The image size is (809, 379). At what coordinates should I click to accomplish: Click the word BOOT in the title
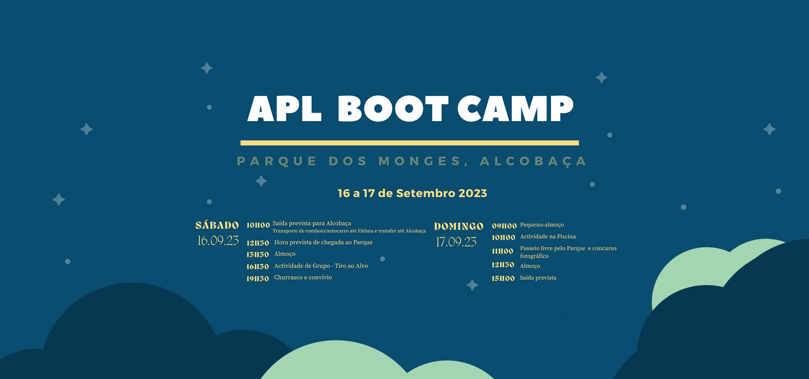click(x=393, y=108)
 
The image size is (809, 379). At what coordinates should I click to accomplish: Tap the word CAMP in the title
click(x=516, y=108)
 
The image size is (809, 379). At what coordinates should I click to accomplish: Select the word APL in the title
click(x=284, y=108)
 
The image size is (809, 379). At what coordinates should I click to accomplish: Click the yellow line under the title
click(x=410, y=143)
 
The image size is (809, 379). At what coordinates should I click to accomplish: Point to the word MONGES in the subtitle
click(x=423, y=161)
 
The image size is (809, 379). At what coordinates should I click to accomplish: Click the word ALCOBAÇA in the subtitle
click(x=533, y=161)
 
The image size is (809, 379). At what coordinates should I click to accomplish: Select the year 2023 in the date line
click(x=473, y=193)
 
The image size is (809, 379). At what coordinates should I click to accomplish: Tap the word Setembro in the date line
click(x=426, y=193)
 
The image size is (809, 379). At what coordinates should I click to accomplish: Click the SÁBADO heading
click(x=217, y=225)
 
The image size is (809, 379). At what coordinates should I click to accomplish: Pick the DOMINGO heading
click(x=459, y=227)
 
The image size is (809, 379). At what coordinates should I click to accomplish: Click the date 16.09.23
click(x=218, y=240)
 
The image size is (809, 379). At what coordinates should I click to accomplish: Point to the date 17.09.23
click(x=456, y=242)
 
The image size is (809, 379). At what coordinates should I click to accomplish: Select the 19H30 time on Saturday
click(x=257, y=278)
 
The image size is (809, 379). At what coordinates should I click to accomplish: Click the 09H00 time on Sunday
click(x=504, y=226)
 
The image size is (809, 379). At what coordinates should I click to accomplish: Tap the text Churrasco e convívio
click(x=303, y=278)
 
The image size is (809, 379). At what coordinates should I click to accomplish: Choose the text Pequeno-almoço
click(x=542, y=225)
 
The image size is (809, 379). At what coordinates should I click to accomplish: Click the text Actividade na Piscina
click(x=548, y=237)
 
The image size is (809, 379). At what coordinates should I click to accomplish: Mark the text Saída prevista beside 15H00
click(x=538, y=278)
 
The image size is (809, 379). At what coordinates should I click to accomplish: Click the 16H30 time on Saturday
click(x=257, y=267)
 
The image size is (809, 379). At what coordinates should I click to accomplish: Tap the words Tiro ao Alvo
click(x=351, y=266)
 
